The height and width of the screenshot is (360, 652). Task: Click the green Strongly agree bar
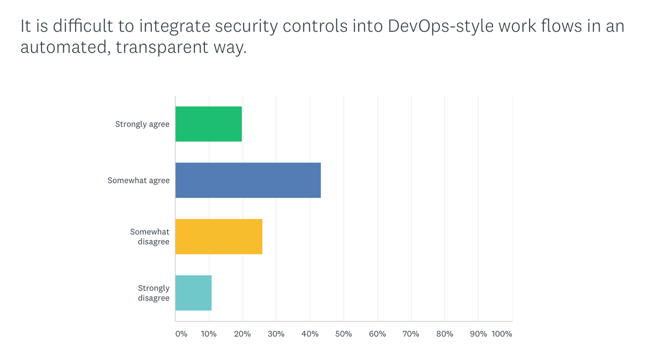209,124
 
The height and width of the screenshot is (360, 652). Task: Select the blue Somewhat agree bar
248,180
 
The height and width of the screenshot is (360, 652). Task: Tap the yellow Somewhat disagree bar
219,237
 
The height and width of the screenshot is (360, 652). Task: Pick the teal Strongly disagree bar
193,293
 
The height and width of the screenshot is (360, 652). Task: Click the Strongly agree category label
142,124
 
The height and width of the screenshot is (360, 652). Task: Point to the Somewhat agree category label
138,180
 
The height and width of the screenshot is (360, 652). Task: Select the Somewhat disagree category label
150,237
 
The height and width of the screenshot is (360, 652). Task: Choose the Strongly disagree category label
153,293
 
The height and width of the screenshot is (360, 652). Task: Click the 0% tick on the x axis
181,334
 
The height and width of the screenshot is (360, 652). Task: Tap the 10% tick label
209,334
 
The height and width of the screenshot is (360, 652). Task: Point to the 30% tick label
276,334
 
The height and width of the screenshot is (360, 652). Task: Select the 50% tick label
344,334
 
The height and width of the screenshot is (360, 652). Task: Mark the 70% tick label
411,334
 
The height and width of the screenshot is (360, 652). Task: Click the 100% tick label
502,334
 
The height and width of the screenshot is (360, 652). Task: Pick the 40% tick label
310,334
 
